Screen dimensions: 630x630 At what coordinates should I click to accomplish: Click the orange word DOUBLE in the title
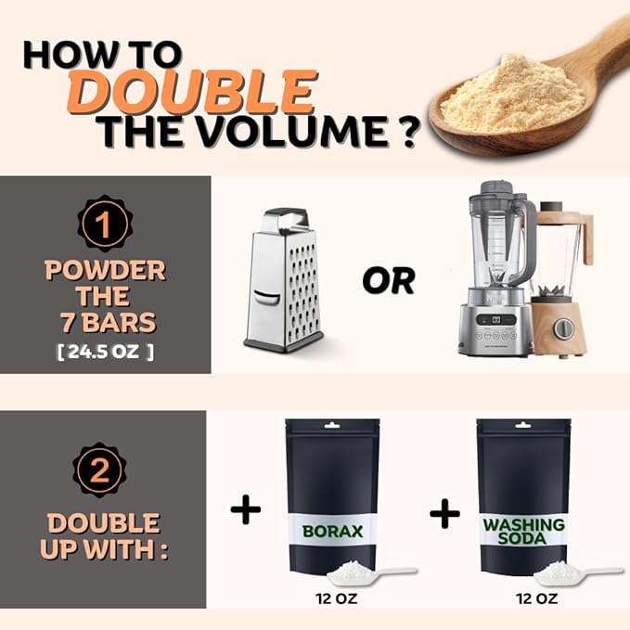tap(192, 92)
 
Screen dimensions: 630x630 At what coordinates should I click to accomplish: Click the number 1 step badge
tap(105, 224)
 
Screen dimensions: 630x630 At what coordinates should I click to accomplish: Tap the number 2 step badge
tap(99, 469)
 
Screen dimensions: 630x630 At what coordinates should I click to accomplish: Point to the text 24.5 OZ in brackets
tap(106, 352)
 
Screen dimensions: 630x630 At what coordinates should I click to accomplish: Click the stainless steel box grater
tap(284, 280)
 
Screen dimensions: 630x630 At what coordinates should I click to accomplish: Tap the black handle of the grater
tap(286, 216)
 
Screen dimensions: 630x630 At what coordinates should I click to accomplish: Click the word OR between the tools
tap(389, 280)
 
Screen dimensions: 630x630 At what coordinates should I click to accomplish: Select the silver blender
tap(496, 268)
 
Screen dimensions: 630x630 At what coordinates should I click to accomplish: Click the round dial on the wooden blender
tap(564, 328)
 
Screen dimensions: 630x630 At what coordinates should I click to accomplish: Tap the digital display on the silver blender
tap(496, 319)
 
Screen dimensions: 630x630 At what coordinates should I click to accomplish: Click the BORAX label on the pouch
tap(332, 531)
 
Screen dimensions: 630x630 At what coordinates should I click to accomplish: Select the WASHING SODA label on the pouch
tap(523, 531)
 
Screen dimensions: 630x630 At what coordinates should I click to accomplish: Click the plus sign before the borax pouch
tap(246, 509)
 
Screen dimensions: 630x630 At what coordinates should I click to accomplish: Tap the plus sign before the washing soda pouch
tap(444, 513)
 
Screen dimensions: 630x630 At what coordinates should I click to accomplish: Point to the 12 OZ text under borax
tap(336, 598)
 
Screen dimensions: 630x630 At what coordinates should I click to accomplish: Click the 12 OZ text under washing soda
tap(537, 598)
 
